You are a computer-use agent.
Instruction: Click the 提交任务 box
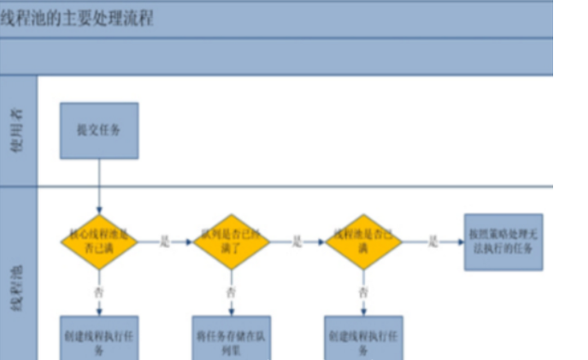coord(99,130)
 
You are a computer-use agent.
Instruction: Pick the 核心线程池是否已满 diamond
coord(99,242)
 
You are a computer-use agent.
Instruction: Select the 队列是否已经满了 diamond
coord(231,242)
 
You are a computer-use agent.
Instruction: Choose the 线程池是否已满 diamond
coord(364,242)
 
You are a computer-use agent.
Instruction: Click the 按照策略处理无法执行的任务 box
coord(503,242)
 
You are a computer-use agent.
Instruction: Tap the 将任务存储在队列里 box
coord(231,338)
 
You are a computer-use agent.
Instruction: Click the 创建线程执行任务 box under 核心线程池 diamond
coord(99,338)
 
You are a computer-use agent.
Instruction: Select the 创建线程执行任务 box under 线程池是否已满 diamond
coord(364,338)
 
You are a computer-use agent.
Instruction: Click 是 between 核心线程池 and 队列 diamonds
coord(164,242)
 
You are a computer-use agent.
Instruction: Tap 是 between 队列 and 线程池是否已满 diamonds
coord(297,242)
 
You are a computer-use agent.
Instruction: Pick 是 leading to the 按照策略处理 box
coord(434,242)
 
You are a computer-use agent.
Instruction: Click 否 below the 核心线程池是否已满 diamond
coord(99,291)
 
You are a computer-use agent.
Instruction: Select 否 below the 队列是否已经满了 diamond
coord(231,291)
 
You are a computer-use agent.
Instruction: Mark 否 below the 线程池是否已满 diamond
coord(364,291)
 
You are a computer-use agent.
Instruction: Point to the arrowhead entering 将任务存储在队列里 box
coord(231,312)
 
